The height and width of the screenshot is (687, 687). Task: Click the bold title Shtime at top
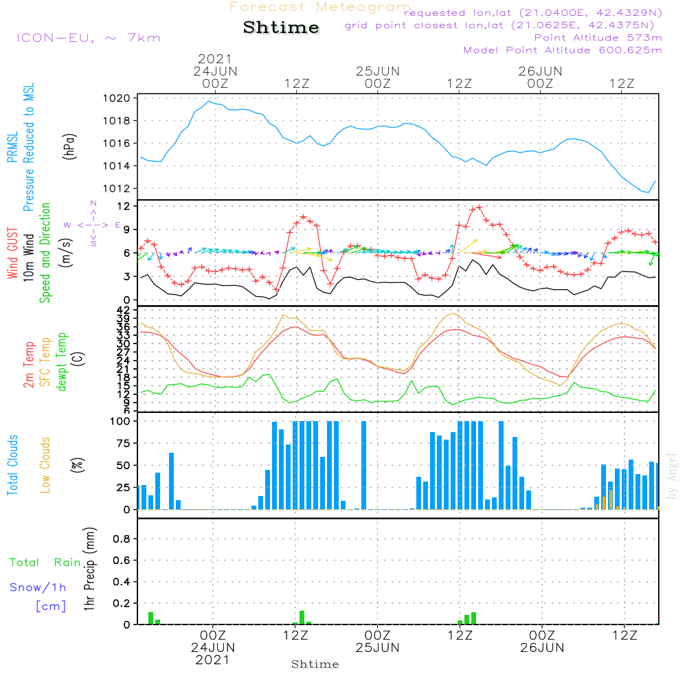(x=282, y=27)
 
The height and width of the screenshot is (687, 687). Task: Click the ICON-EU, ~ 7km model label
(x=88, y=38)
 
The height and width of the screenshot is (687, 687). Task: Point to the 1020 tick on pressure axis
(x=117, y=98)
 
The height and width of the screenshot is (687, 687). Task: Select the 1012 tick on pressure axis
(x=117, y=189)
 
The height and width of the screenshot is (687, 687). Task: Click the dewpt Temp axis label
(x=61, y=363)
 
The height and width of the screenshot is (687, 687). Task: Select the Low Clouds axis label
(x=45, y=465)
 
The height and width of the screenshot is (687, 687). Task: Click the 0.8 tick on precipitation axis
(x=121, y=539)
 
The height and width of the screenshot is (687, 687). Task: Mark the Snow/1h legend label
(x=38, y=587)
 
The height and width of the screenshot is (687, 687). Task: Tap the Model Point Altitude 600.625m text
(x=563, y=50)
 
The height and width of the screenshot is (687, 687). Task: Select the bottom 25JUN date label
(x=377, y=648)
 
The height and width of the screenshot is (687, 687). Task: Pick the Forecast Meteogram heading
(x=320, y=7)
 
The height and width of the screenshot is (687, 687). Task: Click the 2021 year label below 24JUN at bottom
(x=213, y=660)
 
